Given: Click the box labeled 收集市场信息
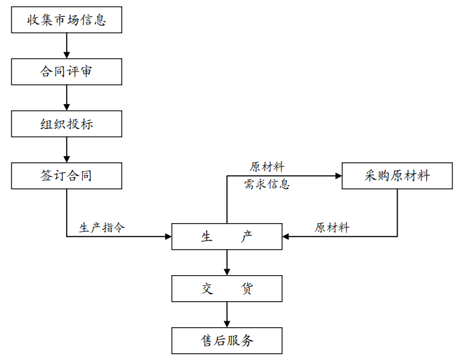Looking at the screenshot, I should (66, 19).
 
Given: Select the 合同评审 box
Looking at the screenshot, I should (66, 71).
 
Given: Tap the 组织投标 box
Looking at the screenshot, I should (66, 124).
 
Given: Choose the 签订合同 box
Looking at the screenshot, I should (66, 176).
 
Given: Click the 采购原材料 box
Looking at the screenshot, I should (397, 176).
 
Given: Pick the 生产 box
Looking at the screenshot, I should (226, 236).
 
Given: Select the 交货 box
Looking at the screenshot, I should (226, 289).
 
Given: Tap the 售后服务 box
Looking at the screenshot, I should (226, 340).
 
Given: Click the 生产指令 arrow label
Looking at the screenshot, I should (102, 228).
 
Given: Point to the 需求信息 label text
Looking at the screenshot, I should (267, 184).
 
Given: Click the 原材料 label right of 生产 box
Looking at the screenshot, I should (332, 228).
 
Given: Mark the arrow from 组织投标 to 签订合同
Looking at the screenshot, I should (66, 150).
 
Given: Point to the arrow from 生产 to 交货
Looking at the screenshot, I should (226, 262).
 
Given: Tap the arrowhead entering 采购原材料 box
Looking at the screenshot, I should (337, 176).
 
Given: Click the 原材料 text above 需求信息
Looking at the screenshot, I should (267, 167).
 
